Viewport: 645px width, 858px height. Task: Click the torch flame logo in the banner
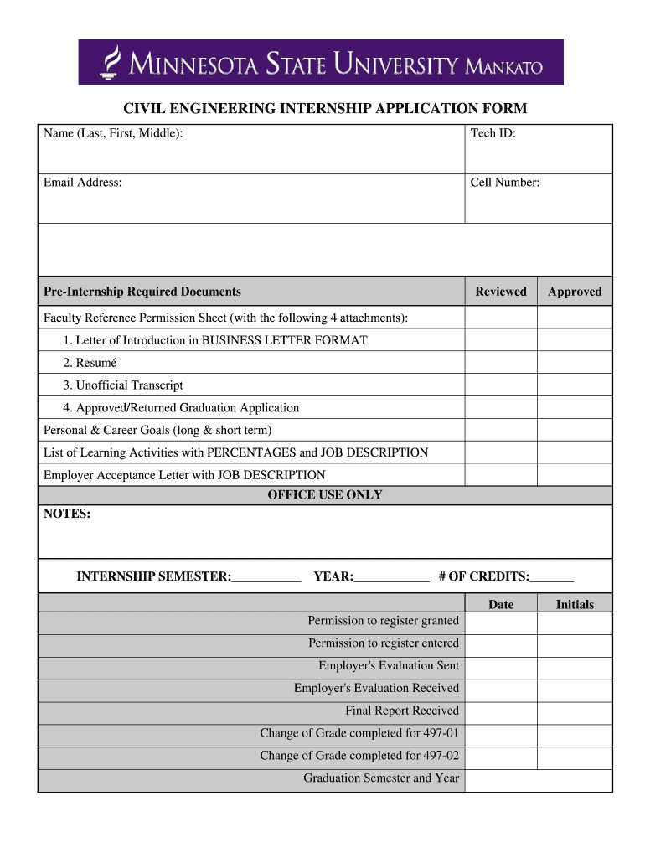coord(109,62)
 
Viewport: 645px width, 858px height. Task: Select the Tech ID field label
coord(493,133)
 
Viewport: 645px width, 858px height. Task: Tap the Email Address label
coord(83,183)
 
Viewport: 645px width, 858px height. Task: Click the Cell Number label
coord(504,183)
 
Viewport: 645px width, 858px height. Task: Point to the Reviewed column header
coord(500,292)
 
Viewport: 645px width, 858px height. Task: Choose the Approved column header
coord(574,292)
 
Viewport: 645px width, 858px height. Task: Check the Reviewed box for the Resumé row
coord(500,363)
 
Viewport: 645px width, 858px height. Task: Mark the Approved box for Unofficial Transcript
coord(574,385)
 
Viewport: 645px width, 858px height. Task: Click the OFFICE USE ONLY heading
coord(325,495)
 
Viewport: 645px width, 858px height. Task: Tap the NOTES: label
coord(67,514)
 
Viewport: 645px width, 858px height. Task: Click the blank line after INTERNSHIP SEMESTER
coord(266,576)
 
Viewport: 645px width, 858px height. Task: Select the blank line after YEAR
coord(391,576)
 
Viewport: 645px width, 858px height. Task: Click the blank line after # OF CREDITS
coord(552,576)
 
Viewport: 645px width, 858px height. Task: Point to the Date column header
coord(500,604)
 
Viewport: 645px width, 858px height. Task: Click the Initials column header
coord(574,604)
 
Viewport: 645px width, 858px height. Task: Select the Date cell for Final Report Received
coord(500,711)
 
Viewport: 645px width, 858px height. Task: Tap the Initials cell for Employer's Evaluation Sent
coord(574,666)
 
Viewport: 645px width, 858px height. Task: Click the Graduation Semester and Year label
coord(381,778)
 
